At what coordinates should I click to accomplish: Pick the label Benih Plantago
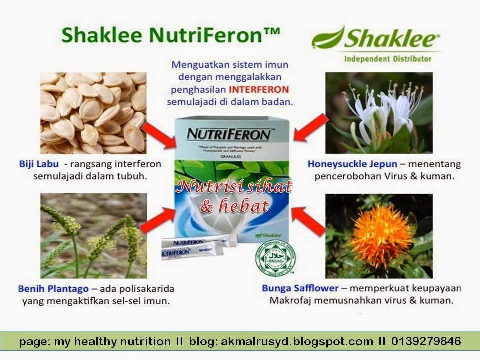coord(53,289)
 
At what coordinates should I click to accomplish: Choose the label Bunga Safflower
coord(300,288)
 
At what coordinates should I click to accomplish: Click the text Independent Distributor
coord(387,59)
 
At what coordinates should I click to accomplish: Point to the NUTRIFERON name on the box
coord(229,134)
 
